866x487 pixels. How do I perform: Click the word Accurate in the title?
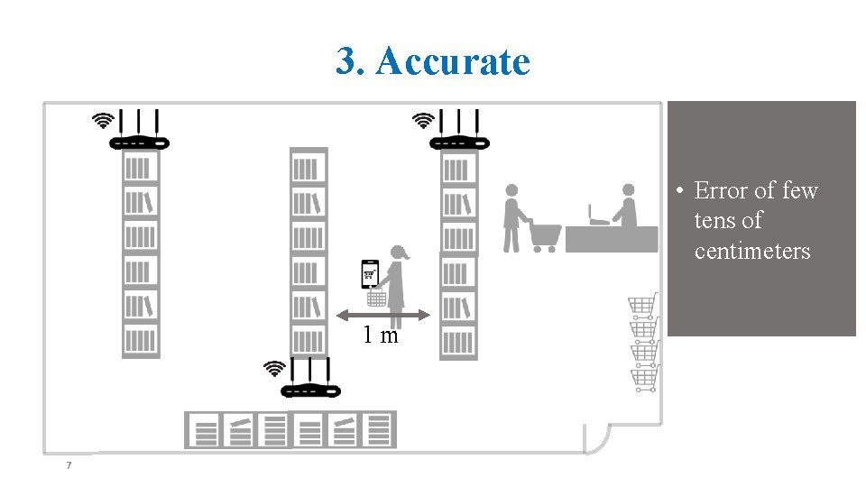coord(453,61)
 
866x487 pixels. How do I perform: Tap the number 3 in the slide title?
coord(345,61)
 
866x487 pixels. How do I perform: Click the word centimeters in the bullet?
coord(752,251)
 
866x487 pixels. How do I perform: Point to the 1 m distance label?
coord(381,335)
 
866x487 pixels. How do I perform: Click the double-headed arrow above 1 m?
coord(383,315)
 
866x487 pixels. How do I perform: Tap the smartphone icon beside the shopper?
coord(370,272)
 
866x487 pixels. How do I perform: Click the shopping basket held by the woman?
coord(377,297)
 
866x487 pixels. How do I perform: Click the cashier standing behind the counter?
coord(625,207)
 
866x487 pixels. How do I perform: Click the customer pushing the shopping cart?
coord(511,218)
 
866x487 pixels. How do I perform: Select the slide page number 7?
coord(68,465)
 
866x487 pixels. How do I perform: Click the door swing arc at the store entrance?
coord(596,439)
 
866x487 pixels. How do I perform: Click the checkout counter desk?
coord(612,238)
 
